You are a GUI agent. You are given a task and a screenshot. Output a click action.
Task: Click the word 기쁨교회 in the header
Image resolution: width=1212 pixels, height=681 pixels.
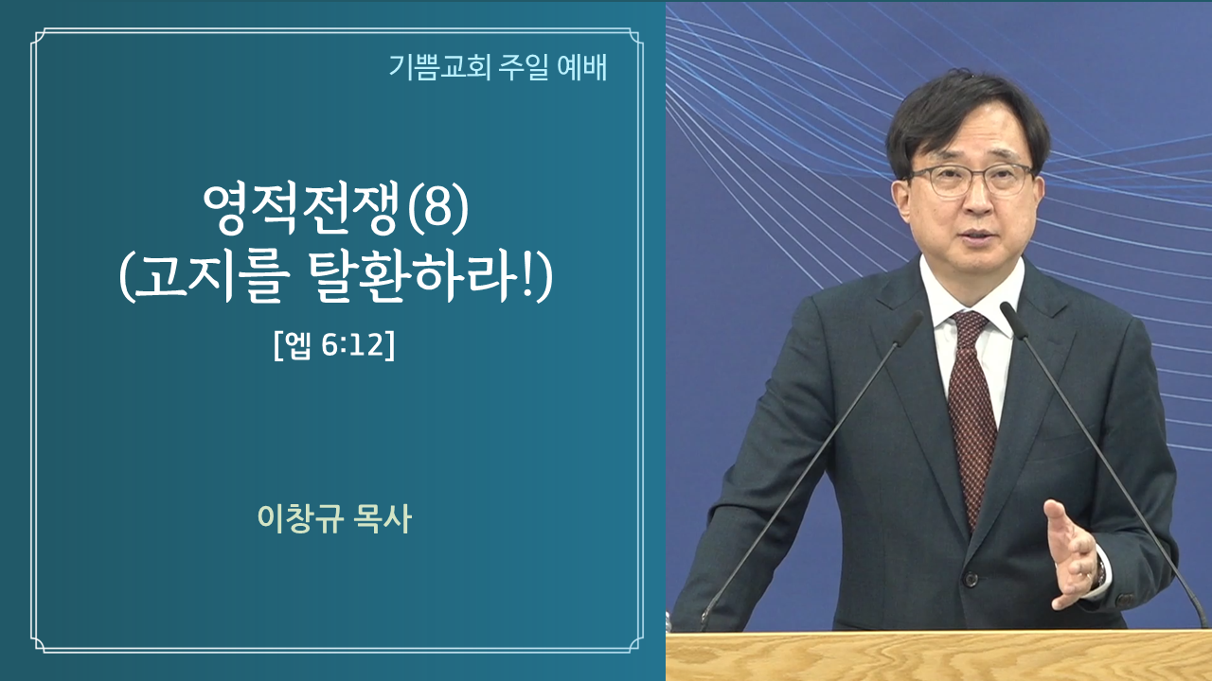click(x=440, y=67)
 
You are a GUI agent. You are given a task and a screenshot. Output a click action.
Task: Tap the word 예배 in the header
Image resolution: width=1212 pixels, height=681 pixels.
click(x=581, y=67)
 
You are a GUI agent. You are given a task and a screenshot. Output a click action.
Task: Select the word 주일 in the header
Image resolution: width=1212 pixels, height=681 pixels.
click(x=524, y=67)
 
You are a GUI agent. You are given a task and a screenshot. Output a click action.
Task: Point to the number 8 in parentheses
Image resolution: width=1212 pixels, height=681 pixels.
click(x=437, y=210)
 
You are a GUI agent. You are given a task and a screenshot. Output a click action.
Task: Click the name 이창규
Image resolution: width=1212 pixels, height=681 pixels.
click(x=300, y=518)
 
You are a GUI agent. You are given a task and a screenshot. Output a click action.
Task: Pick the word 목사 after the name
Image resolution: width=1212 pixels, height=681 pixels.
click(x=382, y=518)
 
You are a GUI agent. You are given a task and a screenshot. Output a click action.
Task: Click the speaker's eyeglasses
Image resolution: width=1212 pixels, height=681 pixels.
click(x=971, y=180)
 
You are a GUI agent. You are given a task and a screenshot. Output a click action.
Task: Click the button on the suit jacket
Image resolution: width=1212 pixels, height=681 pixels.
click(x=971, y=580)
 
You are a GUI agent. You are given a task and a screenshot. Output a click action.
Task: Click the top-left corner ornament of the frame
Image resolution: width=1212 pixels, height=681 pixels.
click(x=40, y=36)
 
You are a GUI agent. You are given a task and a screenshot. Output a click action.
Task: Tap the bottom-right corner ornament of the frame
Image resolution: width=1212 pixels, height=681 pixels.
click(x=634, y=645)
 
